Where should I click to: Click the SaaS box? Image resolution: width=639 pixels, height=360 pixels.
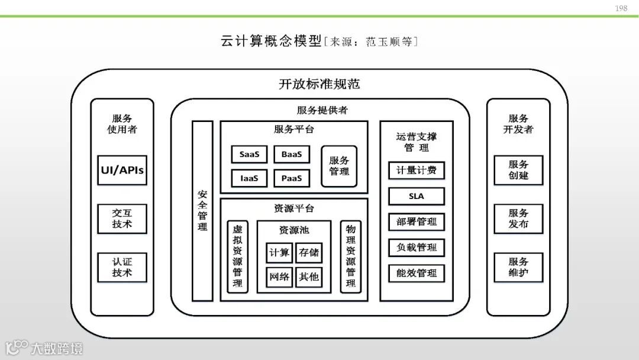249,155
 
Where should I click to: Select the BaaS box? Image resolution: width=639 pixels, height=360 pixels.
292,155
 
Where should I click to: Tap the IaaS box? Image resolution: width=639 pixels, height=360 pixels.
249,178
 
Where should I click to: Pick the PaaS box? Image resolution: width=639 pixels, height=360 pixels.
292,178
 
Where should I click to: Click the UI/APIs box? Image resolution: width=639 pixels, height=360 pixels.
122,171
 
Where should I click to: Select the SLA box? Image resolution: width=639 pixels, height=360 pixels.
417,196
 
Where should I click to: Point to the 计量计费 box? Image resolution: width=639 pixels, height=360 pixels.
417,171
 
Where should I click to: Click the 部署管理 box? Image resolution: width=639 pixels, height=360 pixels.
417,221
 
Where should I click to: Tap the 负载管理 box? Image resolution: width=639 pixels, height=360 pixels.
417,247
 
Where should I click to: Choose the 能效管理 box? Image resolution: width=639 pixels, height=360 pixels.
417,273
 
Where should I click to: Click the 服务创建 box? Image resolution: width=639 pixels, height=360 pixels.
518,170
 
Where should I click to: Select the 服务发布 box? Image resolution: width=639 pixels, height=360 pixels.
518,218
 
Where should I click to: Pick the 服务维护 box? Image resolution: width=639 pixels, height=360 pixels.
518,267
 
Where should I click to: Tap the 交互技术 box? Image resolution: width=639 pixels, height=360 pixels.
122,218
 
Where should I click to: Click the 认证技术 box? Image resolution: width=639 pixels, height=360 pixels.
122,267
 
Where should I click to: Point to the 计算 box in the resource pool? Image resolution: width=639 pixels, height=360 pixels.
279,253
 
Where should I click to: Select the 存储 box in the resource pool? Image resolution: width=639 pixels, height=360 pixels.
309,253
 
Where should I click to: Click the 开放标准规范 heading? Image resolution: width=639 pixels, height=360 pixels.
319,84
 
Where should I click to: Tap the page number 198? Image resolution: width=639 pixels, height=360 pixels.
621,8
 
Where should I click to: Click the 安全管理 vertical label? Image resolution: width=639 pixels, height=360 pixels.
202,210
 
